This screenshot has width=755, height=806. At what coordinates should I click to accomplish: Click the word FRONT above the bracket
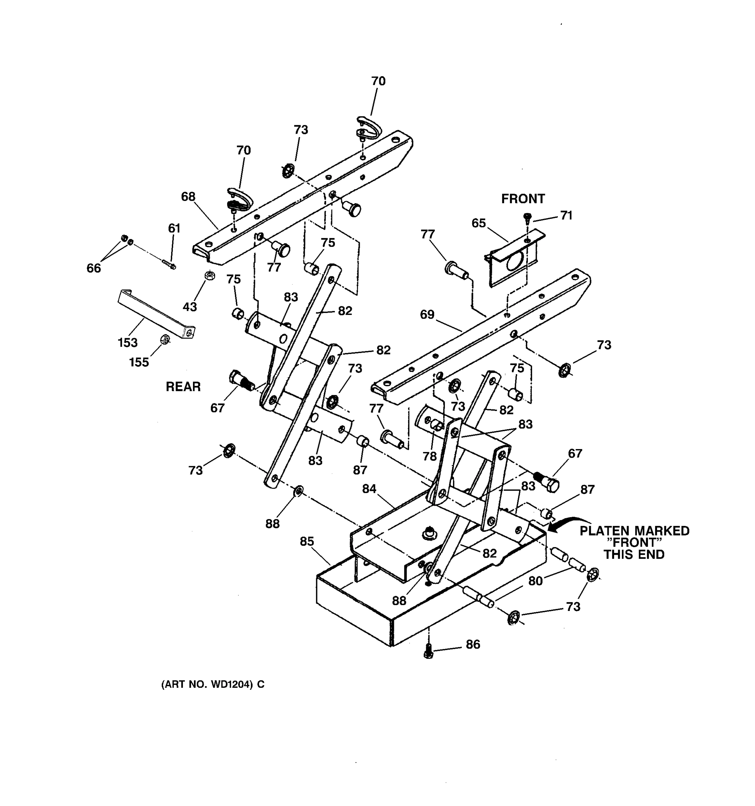pyautogui.click(x=523, y=199)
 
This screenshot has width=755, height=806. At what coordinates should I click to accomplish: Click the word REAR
pyautogui.click(x=183, y=387)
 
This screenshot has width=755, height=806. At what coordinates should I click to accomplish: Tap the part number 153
pyautogui.click(x=128, y=343)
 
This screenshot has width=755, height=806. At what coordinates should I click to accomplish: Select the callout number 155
pyautogui.click(x=139, y=362)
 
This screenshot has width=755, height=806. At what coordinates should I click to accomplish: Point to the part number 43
pyautogui.click(x=190, y=307)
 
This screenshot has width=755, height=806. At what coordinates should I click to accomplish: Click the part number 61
pyautogui.click(x=174, y=228)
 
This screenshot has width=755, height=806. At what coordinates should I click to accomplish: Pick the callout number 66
pyautogui.click(x=94, y=268)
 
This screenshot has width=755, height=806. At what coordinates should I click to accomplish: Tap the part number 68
pyautogui.click(x=188, y=197)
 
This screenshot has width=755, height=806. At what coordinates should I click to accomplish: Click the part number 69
pyautogui.click(x=427, y=314)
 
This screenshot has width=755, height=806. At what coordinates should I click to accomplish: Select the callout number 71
pyautogui.click(x=566, y=215)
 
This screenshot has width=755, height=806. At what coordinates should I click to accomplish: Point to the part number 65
pyautogui.click(x=479, y=223)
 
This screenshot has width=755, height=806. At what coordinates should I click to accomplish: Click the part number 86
pyautogui.click(x=473, y=644)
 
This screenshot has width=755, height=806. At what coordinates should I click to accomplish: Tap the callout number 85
pyautogui.click(x=307, y=541)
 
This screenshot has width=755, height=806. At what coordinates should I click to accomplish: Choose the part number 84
pyautogui.click(x=369, y=489)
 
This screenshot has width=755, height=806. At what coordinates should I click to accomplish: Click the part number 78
pyautogui.click(x=430, y=456)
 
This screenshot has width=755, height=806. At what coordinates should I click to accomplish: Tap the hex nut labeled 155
pyautogui.click(x=165, y=339)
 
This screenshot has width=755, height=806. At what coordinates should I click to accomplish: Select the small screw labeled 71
pyautogui.click(x=527, y=218)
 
